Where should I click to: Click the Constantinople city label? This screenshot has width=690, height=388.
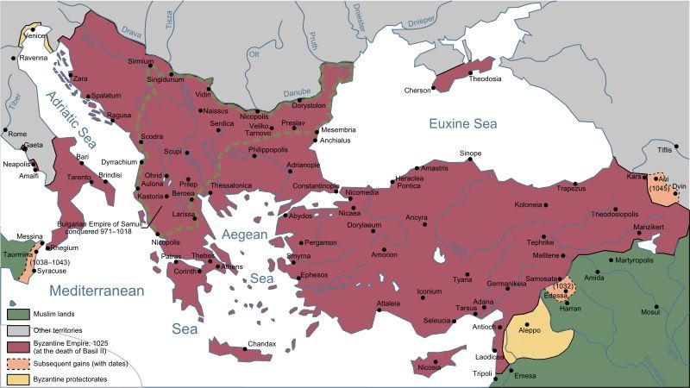315,185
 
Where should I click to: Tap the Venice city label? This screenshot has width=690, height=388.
36,37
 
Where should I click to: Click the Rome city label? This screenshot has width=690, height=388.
17,134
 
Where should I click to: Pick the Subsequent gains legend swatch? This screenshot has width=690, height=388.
18,362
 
